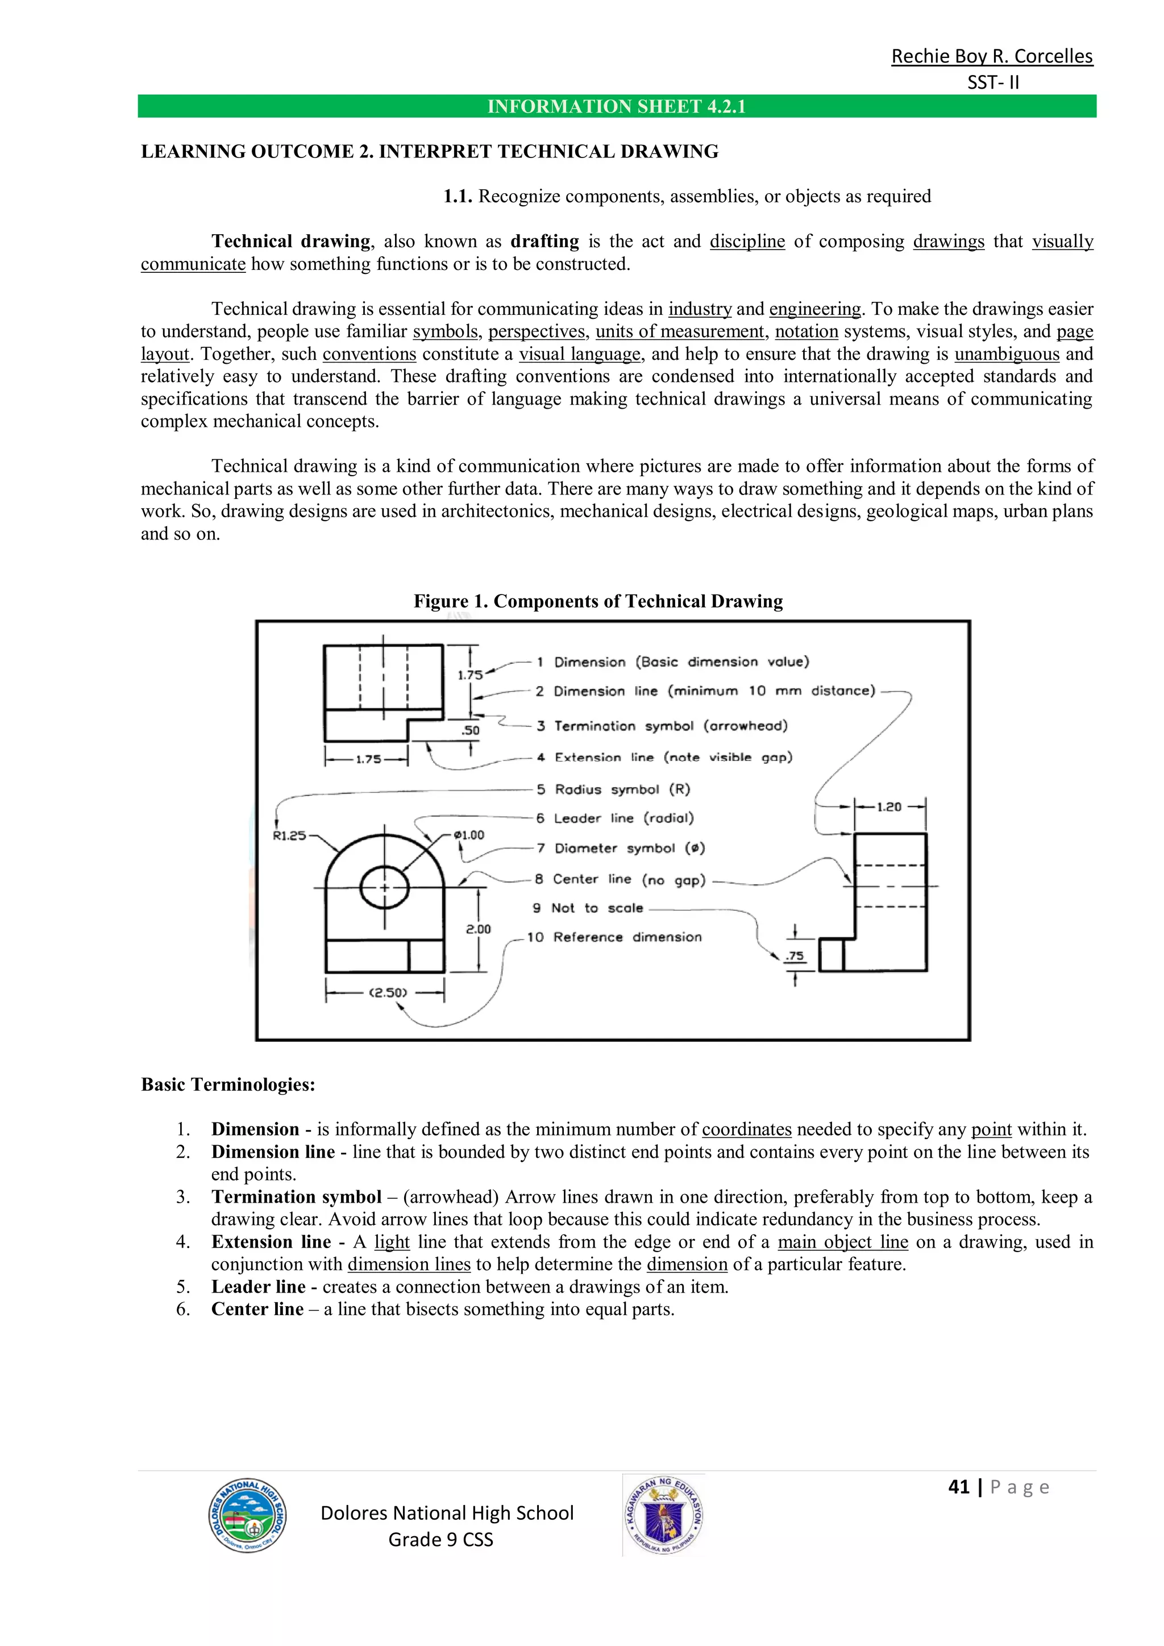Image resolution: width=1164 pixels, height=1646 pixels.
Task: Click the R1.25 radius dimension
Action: pyautogui.click(x=289, y=835)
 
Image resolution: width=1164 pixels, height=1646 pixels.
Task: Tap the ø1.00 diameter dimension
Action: pyautogui.click(x=469, y=835)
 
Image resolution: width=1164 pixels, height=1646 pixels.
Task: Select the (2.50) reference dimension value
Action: pyautogui.click(x=388, y=992)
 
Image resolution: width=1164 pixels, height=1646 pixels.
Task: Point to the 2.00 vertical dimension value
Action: pyautogui.click(x=478, y=929)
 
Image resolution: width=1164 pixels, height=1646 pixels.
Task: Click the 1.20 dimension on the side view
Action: pyautogui.click(x=889, y=807)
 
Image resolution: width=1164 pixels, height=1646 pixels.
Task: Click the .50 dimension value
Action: pyautogui.click(x=470, y=730)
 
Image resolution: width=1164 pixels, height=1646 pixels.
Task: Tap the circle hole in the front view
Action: pyautogui.click(x=384, y=888)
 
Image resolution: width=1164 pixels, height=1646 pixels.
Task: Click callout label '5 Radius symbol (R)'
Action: pyautogui.click(x=613, y=789)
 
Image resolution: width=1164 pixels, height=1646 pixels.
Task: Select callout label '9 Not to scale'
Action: pyautogui.click(x=588, y=908)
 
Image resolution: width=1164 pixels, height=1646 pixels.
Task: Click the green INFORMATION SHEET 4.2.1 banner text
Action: pyautogui.click(x=617, y=107)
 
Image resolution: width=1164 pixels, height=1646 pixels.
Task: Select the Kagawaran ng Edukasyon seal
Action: pyautogui.click(x=664, y=1515)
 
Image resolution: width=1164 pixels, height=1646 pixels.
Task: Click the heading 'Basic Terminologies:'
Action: pyautogui.click(x=228, y=1084)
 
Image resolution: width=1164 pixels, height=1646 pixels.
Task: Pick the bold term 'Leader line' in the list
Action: pyautogui.click(x=258, y=1286)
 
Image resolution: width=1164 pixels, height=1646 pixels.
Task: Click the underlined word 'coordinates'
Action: pyautogui.click(x=746, y=1129)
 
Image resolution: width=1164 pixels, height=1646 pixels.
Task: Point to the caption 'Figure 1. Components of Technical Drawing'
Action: pyautogui.click(x=598, y=601)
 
